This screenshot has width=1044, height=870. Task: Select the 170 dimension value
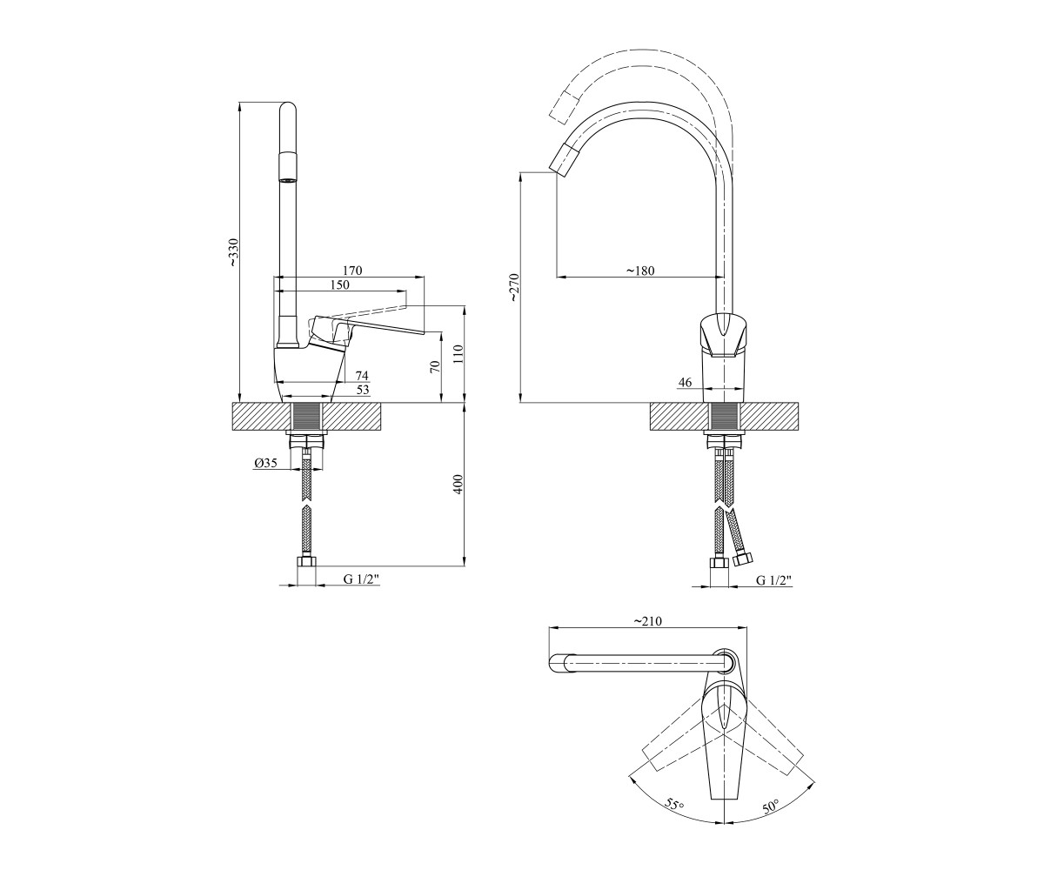352,271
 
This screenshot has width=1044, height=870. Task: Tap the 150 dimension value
340,285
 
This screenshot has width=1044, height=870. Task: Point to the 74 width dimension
362,376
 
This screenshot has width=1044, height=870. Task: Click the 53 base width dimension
363,390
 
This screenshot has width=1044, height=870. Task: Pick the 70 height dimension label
436,366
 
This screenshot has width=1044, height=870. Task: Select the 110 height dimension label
459,354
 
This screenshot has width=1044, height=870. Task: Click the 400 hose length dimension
459,484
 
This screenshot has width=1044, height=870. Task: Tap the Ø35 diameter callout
265,463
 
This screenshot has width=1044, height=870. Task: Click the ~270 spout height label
515,287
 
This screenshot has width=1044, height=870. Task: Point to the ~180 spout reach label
640,271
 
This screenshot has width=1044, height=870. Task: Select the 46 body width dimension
685,383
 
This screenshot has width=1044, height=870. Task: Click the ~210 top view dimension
647,621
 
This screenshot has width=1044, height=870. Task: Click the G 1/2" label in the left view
361,579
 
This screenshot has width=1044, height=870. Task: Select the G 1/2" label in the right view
773,580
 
